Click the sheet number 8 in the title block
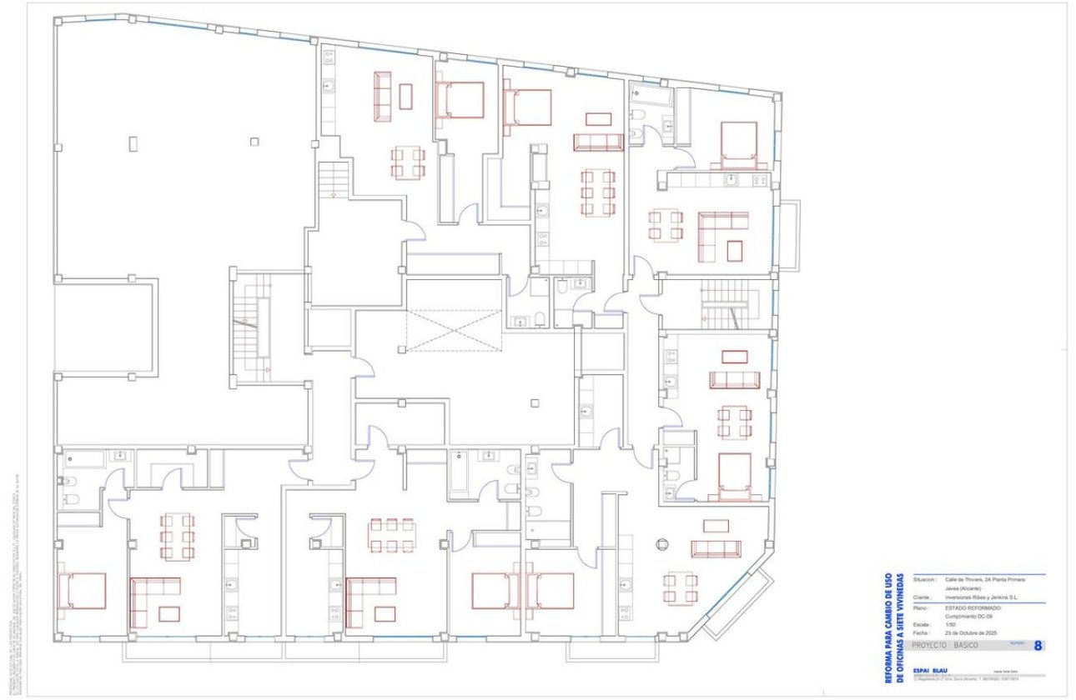click(1037, 645)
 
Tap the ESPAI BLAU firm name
click(929, 671)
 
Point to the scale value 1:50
click(951, 623)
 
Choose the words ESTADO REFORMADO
click(973, 607)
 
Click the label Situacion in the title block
click(924, 578)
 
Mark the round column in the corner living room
click(661, 544)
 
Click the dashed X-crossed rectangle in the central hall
click(455, 329)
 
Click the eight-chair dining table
click(392, 536)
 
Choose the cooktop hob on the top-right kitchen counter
click(760, 180)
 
